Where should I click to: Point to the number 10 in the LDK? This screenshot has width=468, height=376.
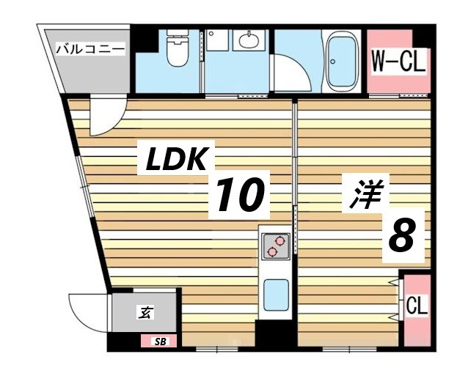click(238, 195)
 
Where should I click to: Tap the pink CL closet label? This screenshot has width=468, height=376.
click(417, 303)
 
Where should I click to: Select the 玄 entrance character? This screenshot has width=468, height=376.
click(145, 313)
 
